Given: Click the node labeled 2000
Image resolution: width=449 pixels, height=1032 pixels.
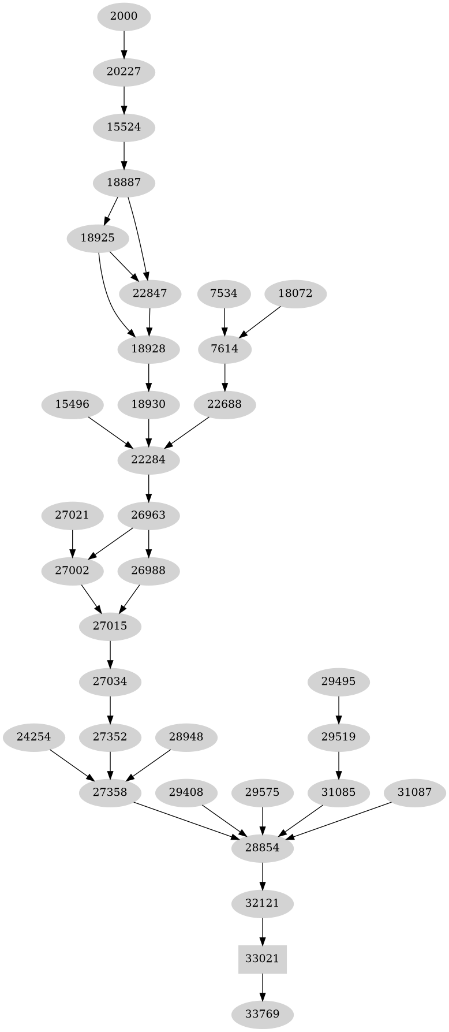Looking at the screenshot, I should tap(124, 16).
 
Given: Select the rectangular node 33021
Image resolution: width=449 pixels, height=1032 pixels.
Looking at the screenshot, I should tap(263, 958).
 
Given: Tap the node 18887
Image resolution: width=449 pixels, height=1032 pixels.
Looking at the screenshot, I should tap(124, 182).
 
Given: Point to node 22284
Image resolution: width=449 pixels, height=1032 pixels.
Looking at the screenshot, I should tap(149, 460).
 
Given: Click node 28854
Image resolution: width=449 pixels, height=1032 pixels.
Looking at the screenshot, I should tap(263, 848).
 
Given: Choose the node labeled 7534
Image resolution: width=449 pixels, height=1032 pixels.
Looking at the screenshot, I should tap(224, 293).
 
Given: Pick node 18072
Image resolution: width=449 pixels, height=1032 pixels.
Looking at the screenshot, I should tap(295, 293).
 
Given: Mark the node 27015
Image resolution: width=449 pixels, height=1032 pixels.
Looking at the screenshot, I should tap(110, 625).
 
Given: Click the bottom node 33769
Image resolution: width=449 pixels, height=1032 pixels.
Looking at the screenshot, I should tap(263, 1014).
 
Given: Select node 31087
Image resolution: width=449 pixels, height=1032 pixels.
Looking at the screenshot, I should tap(414, 792).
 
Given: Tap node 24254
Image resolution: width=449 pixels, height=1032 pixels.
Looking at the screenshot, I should tap(33, 737).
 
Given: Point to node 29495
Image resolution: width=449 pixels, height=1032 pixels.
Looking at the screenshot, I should tap(338, 681).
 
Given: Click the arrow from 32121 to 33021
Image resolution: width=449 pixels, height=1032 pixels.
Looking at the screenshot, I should tap(263, 930).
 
